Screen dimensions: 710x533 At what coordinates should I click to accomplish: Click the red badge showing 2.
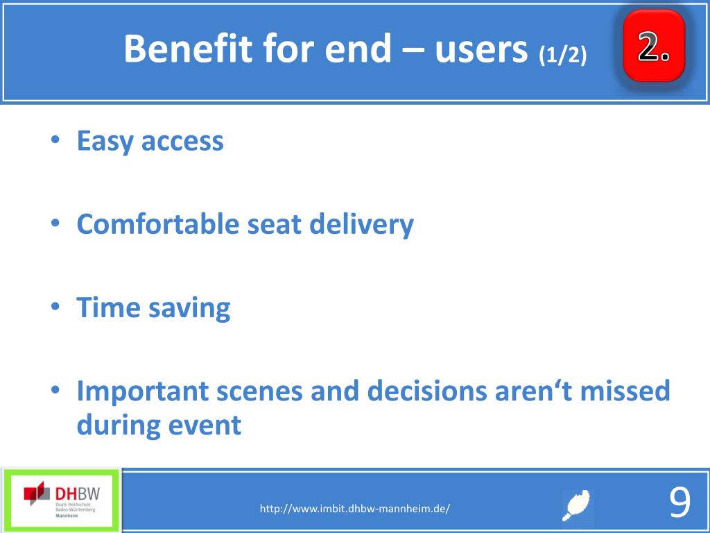coord(653,46)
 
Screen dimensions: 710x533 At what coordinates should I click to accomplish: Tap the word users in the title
coord(482,49)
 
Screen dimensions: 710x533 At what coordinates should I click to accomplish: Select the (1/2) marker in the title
coord(563,56)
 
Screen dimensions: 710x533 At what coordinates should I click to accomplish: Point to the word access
coord(182,142)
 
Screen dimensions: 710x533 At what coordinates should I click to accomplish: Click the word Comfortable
coord(157,223)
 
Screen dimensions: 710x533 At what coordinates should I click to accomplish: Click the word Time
coord(108,307)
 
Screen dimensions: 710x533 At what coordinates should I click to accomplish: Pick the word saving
coord(189,309)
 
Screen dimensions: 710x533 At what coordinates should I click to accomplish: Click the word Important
coord(143,391)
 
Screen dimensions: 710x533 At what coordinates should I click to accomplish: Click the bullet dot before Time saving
coord(55,307)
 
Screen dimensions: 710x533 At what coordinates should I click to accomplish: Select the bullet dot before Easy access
coord(55,139)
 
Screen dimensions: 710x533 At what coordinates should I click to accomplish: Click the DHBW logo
coord(62,499)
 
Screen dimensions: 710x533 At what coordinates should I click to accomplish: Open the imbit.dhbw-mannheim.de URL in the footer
coord(354,509)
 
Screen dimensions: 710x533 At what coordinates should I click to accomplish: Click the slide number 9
coord(679,502)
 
